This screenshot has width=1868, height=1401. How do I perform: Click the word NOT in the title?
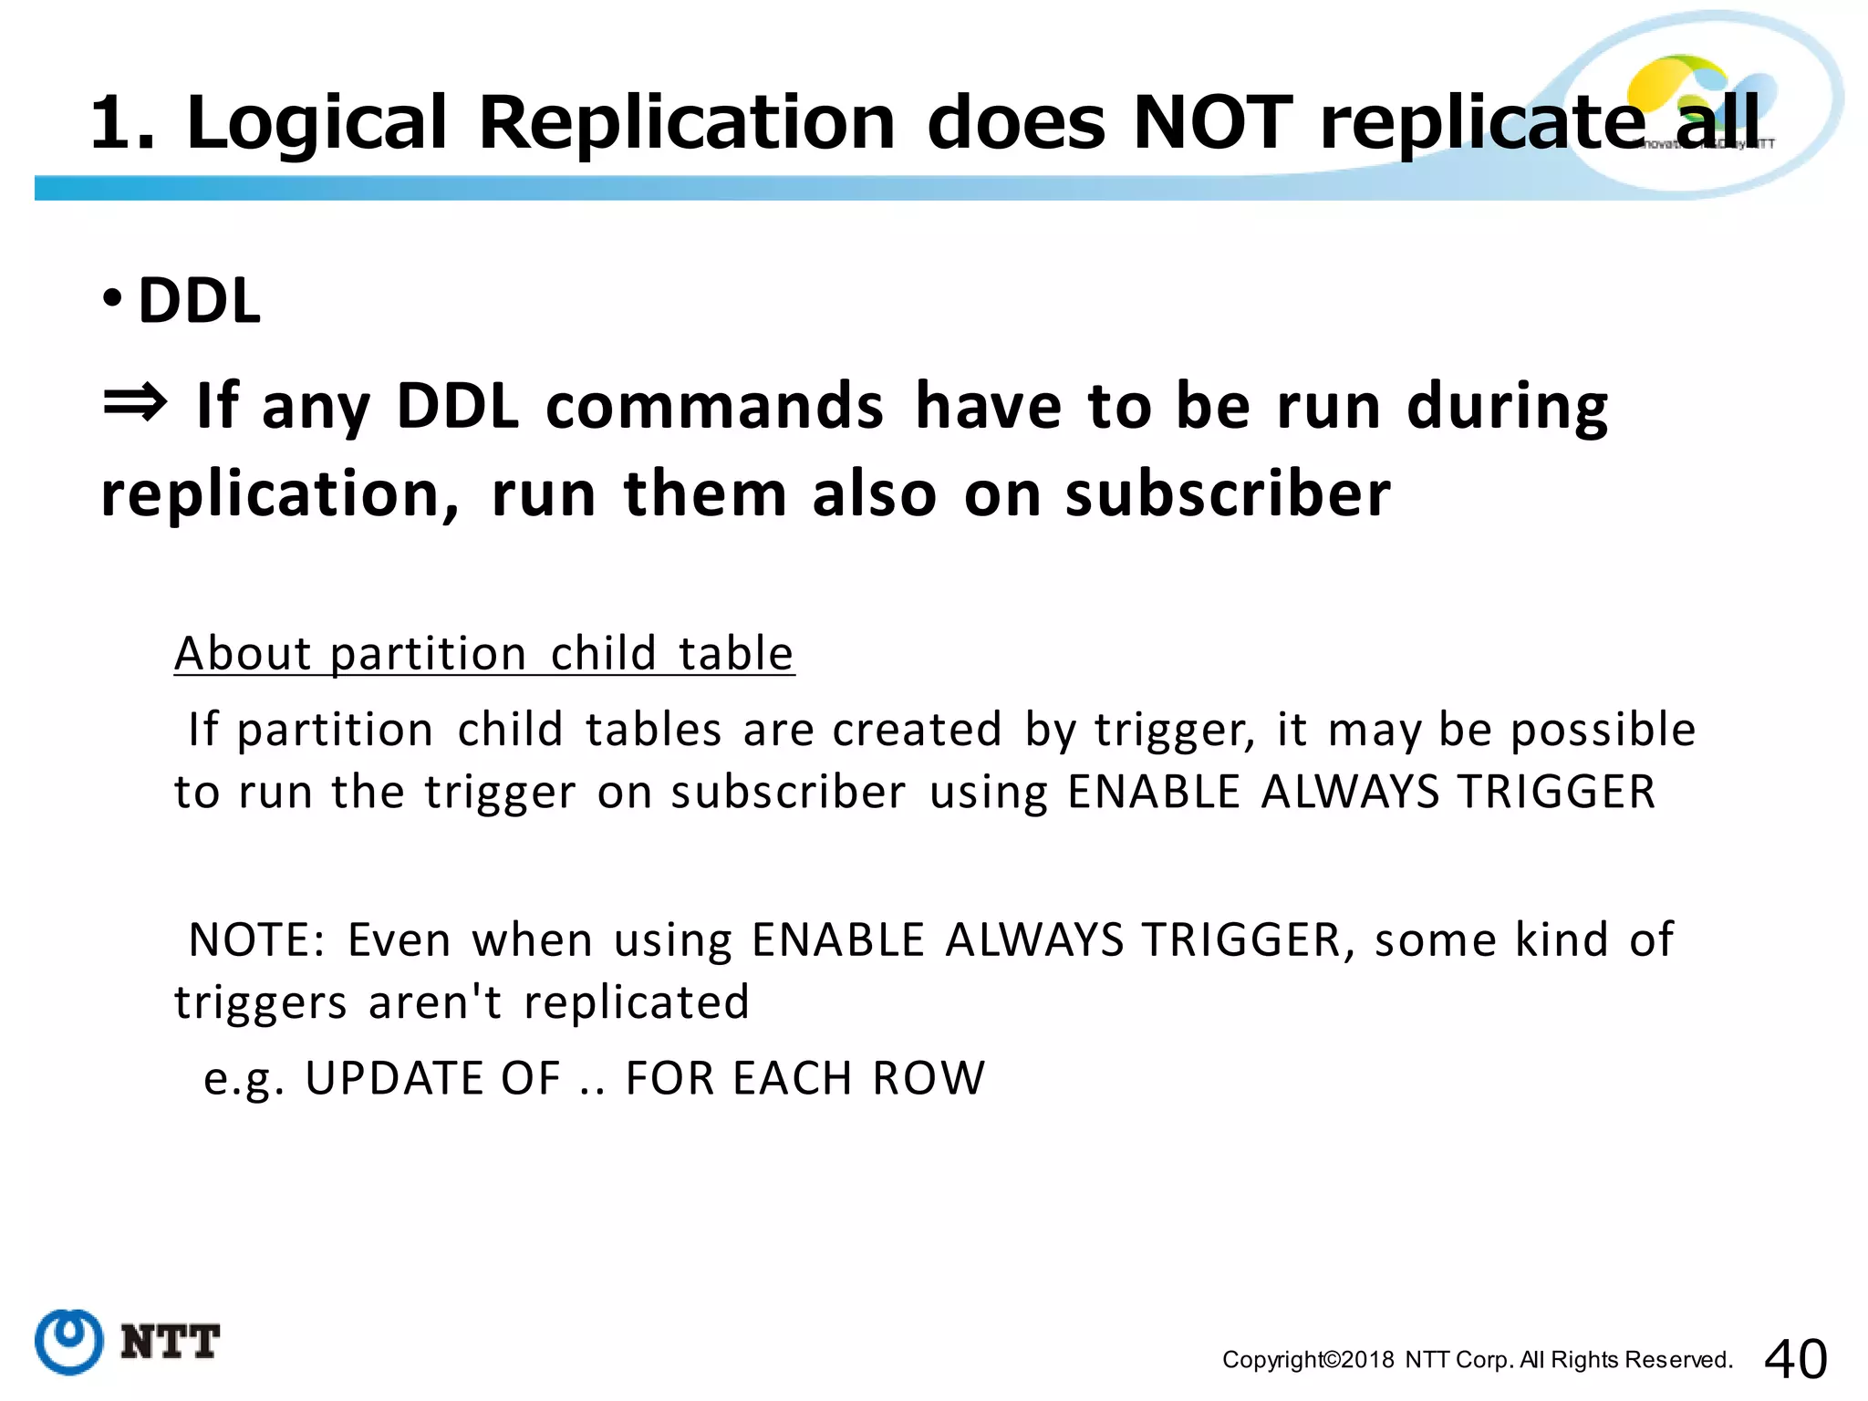[x=1212, y=122]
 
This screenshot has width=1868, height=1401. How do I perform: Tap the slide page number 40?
[x=1795, y=1359]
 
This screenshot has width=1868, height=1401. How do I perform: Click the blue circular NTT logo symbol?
[x=68, y=1341]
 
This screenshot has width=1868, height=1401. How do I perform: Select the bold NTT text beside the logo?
[x=171, y=1342]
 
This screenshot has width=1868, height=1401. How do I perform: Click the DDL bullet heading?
[x=199, y=301]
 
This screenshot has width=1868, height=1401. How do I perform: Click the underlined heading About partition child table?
[x=484, y=654]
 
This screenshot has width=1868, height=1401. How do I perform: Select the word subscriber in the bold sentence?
[x=1228, y=494]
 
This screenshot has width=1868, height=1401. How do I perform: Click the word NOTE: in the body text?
[x=257, y=940]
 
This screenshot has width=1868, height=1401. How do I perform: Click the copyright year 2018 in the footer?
[x=1368, y=1360]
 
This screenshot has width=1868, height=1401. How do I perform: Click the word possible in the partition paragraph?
[x=1603, y=731]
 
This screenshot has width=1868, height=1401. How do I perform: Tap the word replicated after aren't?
[x=637, y=1002]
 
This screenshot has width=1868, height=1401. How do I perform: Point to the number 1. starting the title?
[x=122, y=122]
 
